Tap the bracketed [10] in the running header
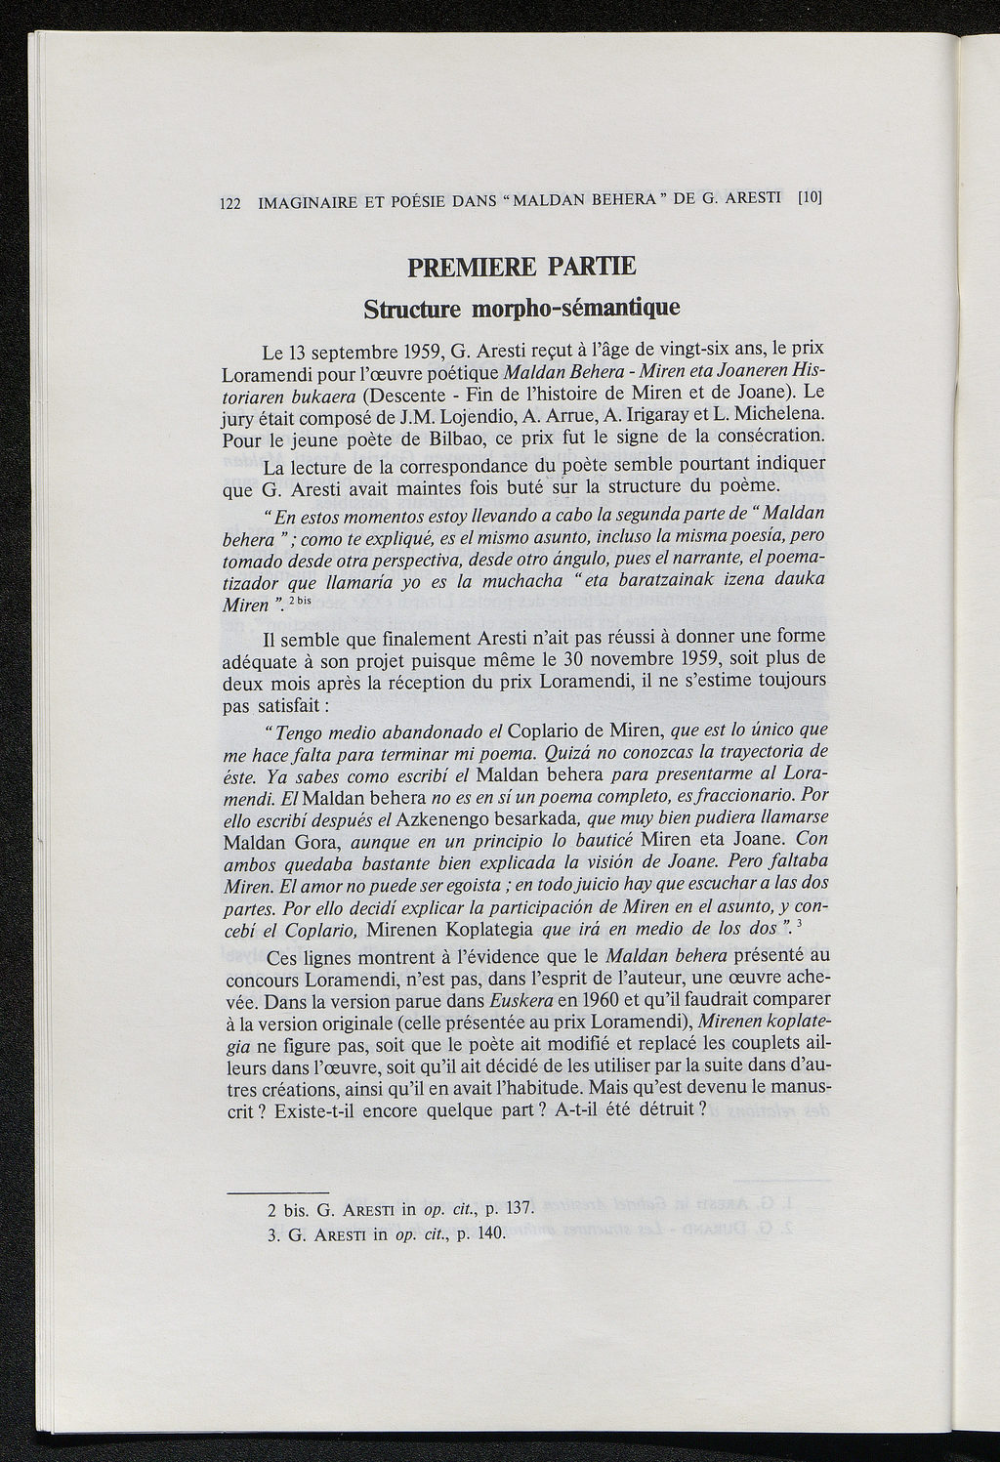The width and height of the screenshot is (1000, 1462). pyautogui.click(x=811, y=196)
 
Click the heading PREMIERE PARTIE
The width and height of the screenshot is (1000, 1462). pyautogui.click(x=521, y=266)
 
